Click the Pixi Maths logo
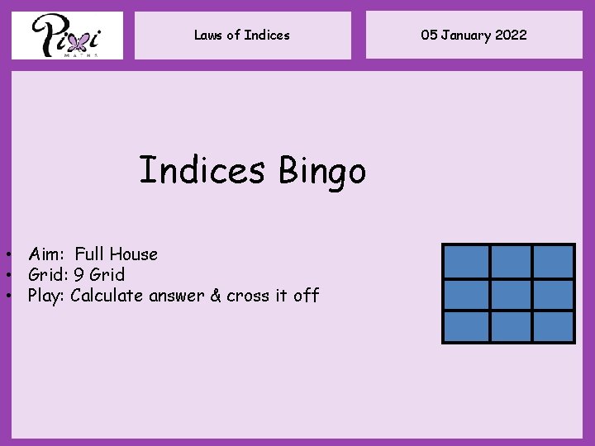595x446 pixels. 67,36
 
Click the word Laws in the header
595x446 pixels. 208,35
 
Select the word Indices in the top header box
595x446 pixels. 267,35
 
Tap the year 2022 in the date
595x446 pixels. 511,35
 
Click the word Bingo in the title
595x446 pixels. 321,172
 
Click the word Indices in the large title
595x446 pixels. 202,170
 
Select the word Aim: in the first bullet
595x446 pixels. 46,254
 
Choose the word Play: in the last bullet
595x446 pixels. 47,296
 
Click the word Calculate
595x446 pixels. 107,296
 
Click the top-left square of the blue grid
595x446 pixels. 466,262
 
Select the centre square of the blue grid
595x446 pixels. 509,294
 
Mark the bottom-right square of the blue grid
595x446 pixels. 552,326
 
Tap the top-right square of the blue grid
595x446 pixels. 552,262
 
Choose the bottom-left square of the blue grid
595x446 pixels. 466,326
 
